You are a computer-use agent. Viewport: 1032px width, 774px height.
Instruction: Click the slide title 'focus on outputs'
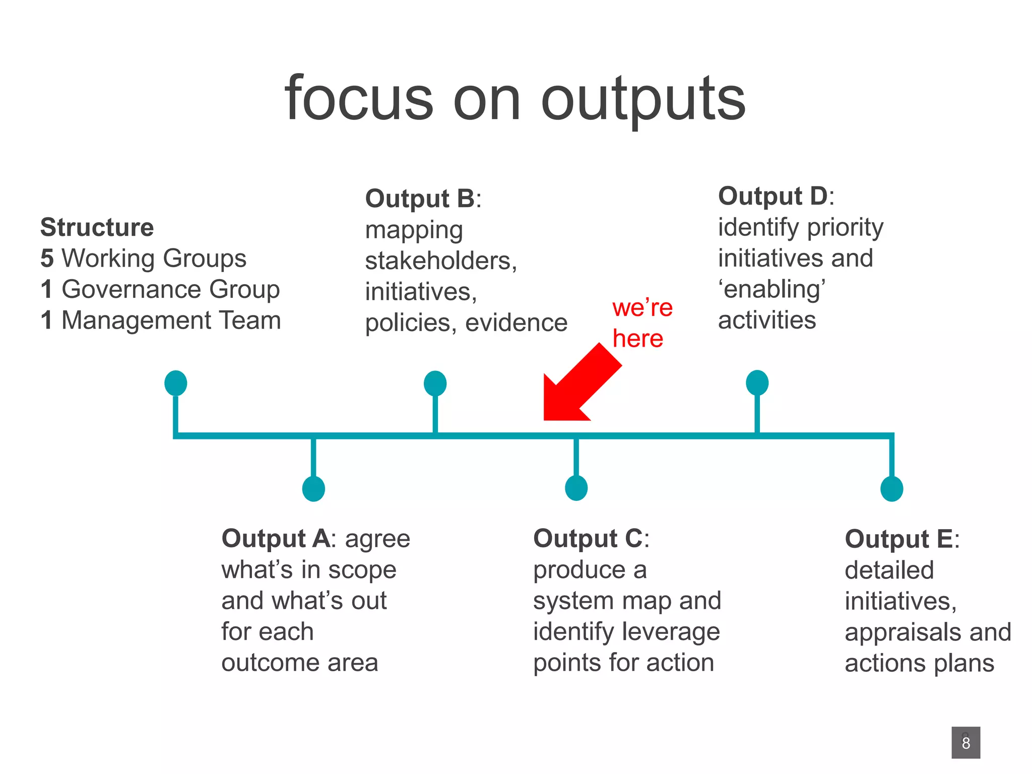515,99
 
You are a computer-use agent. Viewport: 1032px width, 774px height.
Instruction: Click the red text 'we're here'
641,322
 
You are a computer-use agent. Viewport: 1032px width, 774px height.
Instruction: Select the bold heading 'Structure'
97,227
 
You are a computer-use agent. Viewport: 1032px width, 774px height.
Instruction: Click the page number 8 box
965,742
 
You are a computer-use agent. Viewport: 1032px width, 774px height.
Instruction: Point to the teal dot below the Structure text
176,383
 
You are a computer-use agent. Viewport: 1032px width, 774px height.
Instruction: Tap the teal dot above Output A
313,488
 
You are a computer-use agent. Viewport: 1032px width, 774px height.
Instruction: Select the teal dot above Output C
576,488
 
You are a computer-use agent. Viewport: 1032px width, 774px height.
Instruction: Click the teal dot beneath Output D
757,383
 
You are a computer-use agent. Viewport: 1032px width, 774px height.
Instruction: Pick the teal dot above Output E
891,488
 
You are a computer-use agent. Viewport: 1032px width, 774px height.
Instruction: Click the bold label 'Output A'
276,539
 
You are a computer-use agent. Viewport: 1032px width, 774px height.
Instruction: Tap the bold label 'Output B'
420,199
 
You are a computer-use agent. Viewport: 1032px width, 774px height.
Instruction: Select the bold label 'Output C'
588,539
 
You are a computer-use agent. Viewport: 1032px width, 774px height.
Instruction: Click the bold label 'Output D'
772,196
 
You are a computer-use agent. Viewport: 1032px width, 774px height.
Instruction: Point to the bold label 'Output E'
899,539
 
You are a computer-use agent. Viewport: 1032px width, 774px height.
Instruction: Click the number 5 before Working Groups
47,259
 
